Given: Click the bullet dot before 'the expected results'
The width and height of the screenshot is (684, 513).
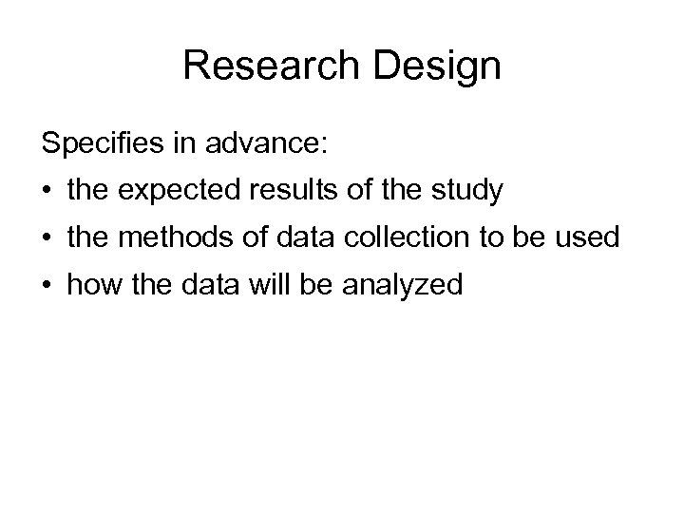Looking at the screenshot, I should click(46, 192).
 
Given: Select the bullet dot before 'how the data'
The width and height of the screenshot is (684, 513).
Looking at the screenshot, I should click(46, 284).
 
